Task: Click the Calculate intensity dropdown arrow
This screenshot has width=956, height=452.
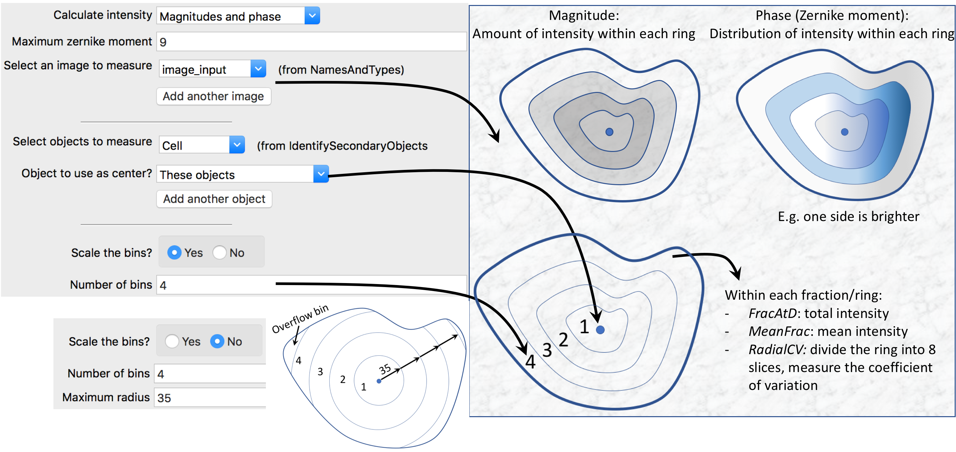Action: [312, 16]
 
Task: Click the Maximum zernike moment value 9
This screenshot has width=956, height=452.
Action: [163, 42]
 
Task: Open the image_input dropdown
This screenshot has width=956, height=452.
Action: [258, 69]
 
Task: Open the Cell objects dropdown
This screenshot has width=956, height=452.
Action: [237, 145]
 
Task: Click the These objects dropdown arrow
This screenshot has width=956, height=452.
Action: [321, 174]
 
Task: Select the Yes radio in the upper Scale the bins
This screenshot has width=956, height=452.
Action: [174, 253]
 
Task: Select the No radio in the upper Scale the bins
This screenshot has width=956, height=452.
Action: [219, 253]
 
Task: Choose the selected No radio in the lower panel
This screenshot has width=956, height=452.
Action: [217, 341]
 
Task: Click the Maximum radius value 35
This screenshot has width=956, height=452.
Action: [164, 398]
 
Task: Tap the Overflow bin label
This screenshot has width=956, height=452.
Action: [300, 319]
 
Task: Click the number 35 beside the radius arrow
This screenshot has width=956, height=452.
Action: [385, 369]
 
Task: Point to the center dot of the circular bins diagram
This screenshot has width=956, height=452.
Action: [379, 381]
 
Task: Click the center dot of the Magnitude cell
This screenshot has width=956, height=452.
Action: [609, 132]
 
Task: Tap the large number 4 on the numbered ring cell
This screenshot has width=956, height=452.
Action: [530, 362]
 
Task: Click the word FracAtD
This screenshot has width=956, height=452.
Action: [773, 314]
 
